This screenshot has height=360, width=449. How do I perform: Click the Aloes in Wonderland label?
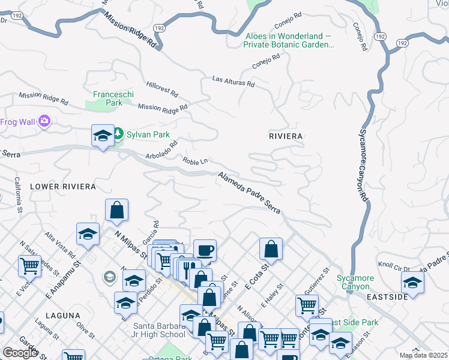[289, 40]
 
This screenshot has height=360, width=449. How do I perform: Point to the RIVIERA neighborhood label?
[286, 136]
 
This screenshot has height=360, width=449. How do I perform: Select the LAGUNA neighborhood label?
[62, 315]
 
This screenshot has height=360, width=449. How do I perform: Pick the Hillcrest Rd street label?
[162, 90]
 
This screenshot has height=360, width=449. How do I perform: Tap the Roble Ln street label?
[196, 161]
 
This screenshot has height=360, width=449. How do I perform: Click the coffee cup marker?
[205, 250]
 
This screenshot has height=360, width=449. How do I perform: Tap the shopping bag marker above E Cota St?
[271, 248]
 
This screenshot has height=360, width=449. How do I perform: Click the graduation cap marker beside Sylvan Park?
[103, 135]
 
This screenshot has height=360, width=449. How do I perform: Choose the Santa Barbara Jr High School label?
[158, 330]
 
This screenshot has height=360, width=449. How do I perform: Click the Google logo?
[19, 353]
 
